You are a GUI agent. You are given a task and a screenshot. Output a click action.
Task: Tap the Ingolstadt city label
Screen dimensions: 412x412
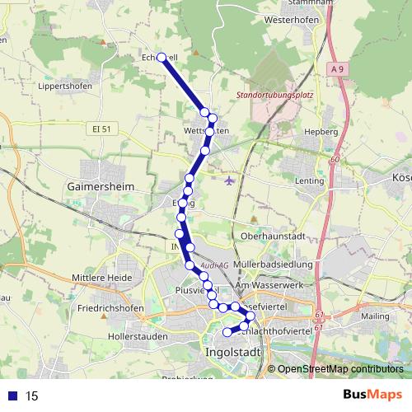230,352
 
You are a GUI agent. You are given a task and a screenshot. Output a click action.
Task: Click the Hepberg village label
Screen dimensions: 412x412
321,131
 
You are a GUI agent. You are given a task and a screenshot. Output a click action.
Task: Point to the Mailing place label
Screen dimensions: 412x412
374,315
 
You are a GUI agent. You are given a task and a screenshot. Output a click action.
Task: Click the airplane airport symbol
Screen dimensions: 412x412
228,179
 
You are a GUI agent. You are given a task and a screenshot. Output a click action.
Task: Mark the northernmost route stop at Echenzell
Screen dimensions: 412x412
162,57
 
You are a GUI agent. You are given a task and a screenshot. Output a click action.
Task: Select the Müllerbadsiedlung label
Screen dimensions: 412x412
272,264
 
